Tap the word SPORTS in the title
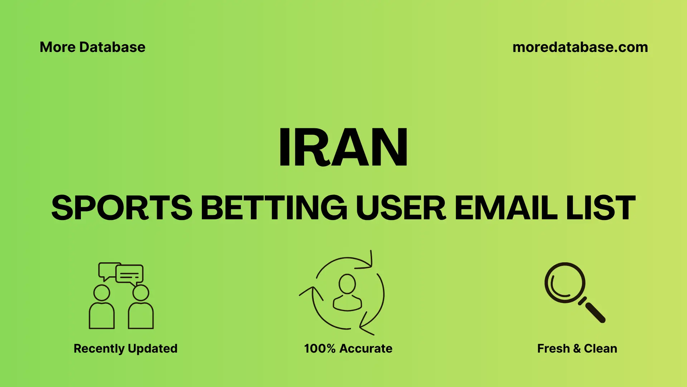[x=122, y=208]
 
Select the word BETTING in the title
[x=274, y=208]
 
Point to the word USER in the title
[x=401, y=208]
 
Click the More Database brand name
[x=92, y=47]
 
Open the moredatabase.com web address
[x=580, y=47]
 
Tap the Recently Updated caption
[x=125, y=348]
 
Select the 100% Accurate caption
[x=348, y=348]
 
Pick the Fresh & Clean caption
[x=577, y=348]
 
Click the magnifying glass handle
[x=595, y=312]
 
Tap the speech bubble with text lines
[x=130, y=274]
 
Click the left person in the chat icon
[x=102, y=308]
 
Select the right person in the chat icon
[x=141, y=308]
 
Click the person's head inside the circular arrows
[x=347, y=284]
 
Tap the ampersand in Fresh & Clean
[x=576, y=348]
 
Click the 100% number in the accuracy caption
[x=320, y=348]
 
